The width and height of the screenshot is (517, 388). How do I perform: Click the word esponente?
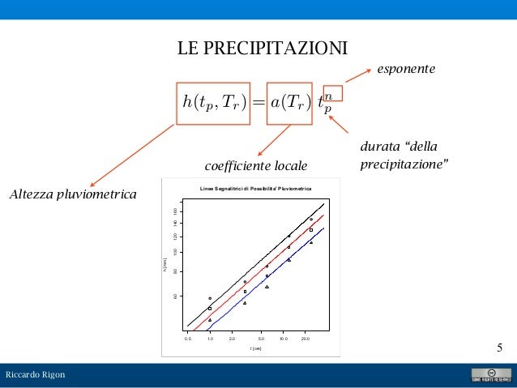tap(406, 70)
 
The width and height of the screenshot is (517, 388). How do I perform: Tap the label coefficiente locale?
tap(256, 165)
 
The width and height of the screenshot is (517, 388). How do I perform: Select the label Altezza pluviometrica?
tap(72, 194)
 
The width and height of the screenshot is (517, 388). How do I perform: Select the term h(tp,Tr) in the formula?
tap(214, 103)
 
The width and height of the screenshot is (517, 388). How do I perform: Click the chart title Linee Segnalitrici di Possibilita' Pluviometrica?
tap(255, 189)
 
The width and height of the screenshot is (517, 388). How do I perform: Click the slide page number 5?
tap(500, 348)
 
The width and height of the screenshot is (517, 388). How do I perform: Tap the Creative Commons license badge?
tap(491, 375)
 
